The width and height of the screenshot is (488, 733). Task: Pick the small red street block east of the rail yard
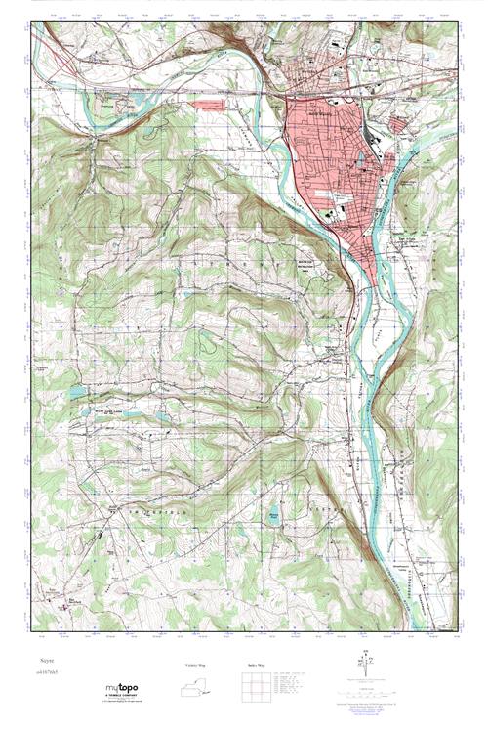400,124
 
